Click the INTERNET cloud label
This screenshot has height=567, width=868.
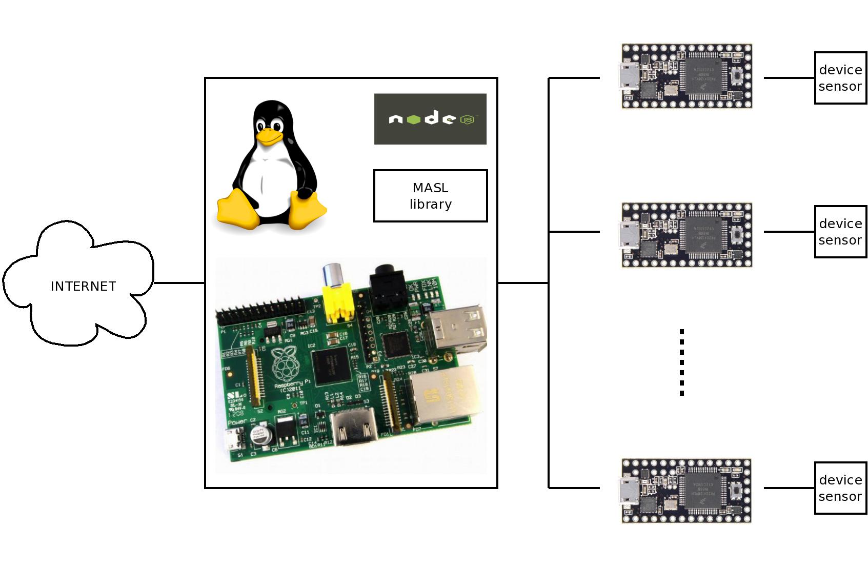(83, 286)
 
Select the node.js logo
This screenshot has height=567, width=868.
(430, 119)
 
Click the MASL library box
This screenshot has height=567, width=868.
(430, 196)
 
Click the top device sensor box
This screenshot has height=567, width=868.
(840, 78)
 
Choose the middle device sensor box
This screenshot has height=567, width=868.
(840, 232)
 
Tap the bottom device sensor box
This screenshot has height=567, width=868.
(840, 488)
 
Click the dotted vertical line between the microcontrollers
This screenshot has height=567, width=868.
(682, 362)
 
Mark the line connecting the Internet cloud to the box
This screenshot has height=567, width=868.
(179, 282)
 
